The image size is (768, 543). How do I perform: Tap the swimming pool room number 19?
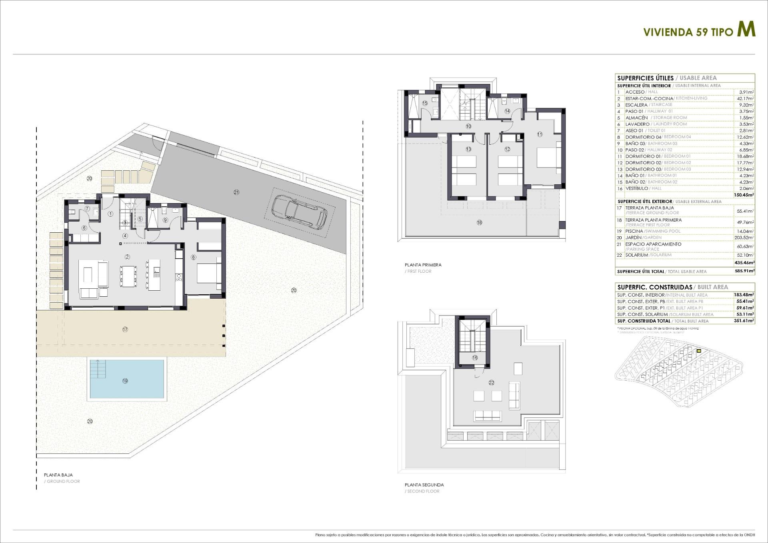point(125,381)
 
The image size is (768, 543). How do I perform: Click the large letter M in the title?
point(746,30)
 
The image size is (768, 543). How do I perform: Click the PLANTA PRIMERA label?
point(423,265)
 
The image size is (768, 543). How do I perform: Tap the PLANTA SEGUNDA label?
point(424,485)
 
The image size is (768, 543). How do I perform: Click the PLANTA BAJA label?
point(58,475)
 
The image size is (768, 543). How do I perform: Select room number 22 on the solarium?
point(491,383)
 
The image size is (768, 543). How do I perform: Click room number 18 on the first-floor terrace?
point(480,223)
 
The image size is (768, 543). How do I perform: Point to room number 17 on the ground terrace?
point(125,329)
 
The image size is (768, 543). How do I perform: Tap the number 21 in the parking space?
point(236,192)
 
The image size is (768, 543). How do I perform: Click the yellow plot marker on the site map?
point(699,351)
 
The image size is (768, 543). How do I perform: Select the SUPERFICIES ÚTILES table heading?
point(645,78)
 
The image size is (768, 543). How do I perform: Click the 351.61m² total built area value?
point(744,321)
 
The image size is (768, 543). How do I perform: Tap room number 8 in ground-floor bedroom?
point(194,257)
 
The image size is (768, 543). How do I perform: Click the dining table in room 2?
point(128,276)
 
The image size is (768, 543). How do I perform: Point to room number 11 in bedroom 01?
point(540,135)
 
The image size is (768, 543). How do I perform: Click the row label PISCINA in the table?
point(634,231)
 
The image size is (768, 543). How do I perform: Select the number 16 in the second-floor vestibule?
point(475,358)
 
